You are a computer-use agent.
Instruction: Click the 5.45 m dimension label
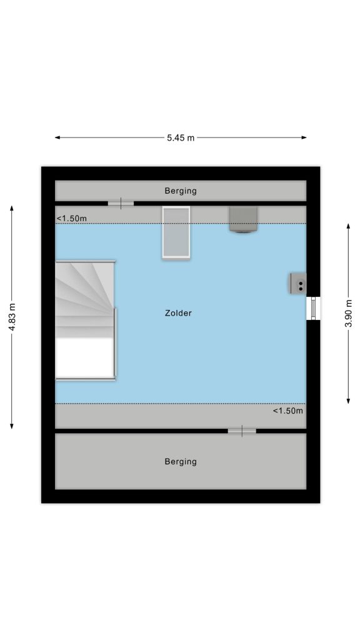click(x=181, y=138)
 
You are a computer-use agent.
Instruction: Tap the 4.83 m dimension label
click(x=12, y=317)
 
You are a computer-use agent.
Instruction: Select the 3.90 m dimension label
click(x=348, y=314)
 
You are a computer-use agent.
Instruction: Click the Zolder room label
click(x=178, y=313)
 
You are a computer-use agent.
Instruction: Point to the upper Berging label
click(x=181, y=191)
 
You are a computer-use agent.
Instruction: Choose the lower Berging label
click(x=181, y=462)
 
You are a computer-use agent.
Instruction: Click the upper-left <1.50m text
click(x=71, y=218)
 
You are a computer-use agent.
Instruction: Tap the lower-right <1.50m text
click(x=287, y=411)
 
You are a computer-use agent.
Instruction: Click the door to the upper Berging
click(x=121, y=203)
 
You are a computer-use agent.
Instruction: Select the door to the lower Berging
click(x=242, y=431)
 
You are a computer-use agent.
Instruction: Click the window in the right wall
click(x=314, y=308)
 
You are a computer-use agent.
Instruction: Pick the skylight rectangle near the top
click(x=176, y=232)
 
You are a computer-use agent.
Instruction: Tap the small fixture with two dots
click(x=298, y=283)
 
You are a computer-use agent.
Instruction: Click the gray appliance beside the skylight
click(x=243, y=219)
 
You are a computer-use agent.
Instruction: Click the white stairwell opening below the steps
click(x=84, y=357)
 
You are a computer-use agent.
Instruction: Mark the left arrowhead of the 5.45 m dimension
click(x=57, y=137)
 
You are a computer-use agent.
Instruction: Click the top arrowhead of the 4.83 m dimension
click(x=12, y=207)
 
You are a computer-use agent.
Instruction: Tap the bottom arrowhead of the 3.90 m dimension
click(x=348, y=402)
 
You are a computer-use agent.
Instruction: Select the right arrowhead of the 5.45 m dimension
click(x=304, y=137)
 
